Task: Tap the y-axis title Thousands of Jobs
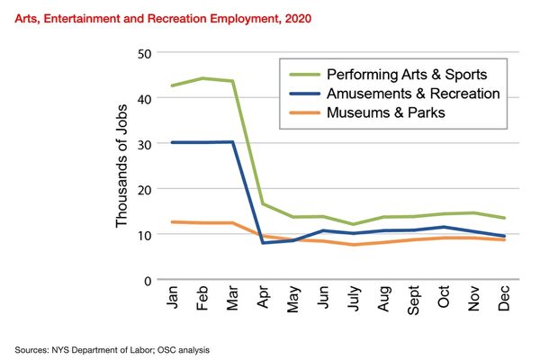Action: coord(122,166)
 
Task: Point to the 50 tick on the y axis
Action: coord(143,53)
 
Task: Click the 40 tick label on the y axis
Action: coord(143,99)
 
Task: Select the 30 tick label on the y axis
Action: coord(143,144)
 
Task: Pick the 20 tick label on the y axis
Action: coord(143,190)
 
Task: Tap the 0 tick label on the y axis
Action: coord(147,280)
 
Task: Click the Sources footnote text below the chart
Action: coord(114,348)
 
